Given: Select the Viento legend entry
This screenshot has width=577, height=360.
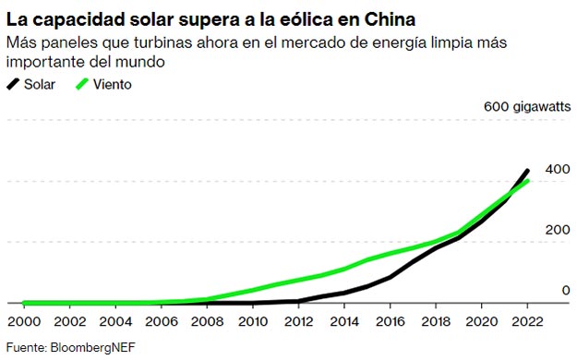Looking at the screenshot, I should pyautogui.click(x=111, y=84).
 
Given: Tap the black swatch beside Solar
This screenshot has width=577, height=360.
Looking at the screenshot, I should pyautogui.click(x=14, y=84).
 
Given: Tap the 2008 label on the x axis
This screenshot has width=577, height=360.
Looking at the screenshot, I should pyautogui.click(x=206, y=321).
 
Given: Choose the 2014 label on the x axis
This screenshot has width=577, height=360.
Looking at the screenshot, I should pyautogui.click(x=343, y=321).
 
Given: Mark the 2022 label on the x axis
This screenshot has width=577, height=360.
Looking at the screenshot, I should pyautogui.click(x=526, y=321).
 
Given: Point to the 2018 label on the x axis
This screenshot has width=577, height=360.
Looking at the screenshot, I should pyautogui.click(x=435, y=321).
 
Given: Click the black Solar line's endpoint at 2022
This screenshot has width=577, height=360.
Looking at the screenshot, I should pyautogui.click(x=527, y=171).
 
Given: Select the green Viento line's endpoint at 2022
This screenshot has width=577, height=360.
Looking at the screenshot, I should pyautogui.click(x=527, y=181).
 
